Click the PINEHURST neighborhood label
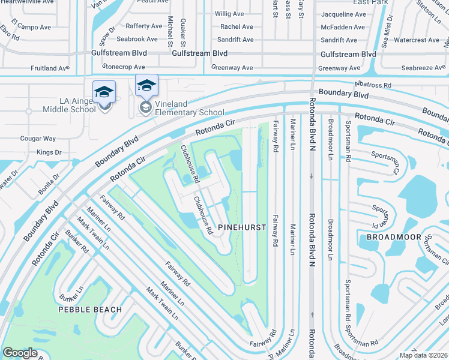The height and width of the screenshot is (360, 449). tap(241, 227)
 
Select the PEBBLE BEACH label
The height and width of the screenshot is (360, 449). tap(89, 310)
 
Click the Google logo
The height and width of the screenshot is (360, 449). tap(20, 352)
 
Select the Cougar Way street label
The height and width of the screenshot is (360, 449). tap(37, 139)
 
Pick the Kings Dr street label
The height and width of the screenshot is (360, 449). tap(49, 152)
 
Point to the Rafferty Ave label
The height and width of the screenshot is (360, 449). tap(144, 26)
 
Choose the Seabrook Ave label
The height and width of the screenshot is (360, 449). tap(137, 40)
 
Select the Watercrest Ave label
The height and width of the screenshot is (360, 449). tap(417, 40)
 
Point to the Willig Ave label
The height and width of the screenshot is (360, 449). tap(231, 13)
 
